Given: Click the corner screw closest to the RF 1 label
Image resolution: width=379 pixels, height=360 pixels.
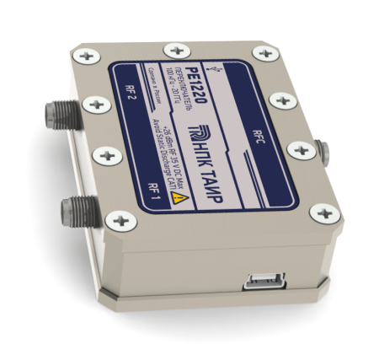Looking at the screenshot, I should pyautogui.click(x=124, y=221).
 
